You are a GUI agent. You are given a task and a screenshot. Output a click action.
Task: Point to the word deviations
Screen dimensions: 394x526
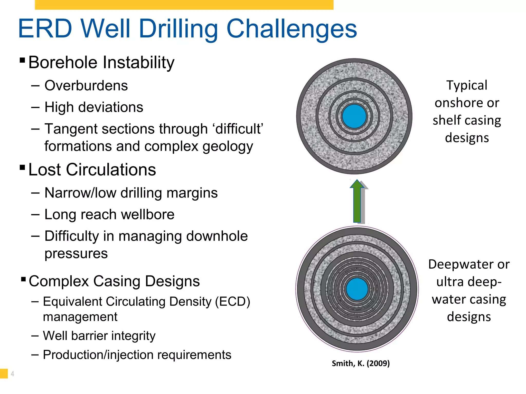[111, 107]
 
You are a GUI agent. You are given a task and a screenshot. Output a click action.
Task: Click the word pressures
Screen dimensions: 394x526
[76, 253]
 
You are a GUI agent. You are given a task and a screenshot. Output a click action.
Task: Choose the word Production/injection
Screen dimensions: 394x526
[98, 355]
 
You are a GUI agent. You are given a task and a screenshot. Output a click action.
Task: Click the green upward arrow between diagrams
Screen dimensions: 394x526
[357, 202]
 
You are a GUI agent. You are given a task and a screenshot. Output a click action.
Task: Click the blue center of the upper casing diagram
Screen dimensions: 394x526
[354, 116]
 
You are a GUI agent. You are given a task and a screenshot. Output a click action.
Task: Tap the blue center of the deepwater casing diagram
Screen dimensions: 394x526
[357, 289]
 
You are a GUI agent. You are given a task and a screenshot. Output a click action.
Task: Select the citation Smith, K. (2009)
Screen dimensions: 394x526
[361, 363]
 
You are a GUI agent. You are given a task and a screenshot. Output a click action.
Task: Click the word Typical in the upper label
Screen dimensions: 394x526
[467, 85]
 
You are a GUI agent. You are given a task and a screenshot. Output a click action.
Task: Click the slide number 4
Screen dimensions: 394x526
[12, 374]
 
